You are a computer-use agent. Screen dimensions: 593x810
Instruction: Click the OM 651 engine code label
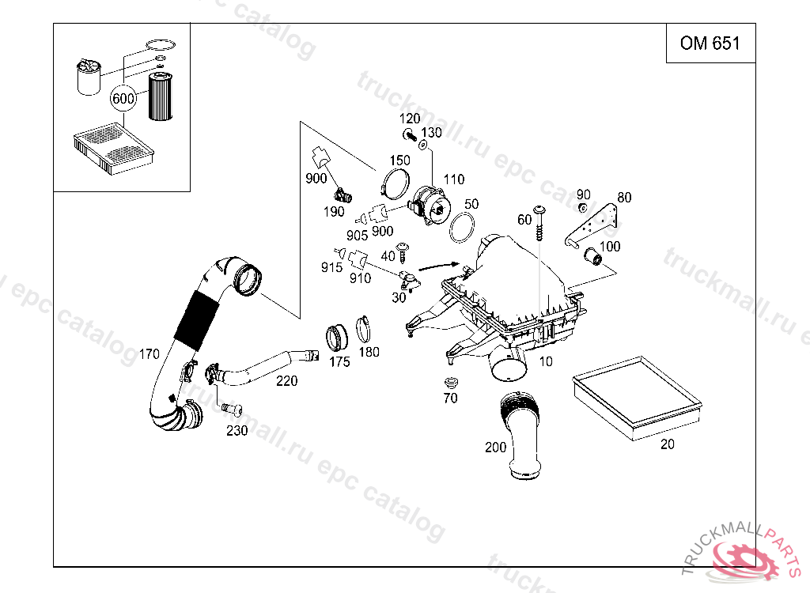710,43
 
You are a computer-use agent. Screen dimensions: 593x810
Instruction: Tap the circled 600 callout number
123,99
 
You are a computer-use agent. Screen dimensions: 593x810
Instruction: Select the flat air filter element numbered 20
636,395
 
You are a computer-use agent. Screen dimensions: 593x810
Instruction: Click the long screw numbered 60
540,225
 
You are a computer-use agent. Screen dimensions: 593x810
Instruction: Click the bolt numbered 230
232,409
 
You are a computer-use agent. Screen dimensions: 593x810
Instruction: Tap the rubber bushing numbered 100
593,256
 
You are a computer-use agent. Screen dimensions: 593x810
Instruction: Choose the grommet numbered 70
449,383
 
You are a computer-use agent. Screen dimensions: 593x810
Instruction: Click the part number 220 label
286,381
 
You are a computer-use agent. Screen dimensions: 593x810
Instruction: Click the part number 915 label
332,267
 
